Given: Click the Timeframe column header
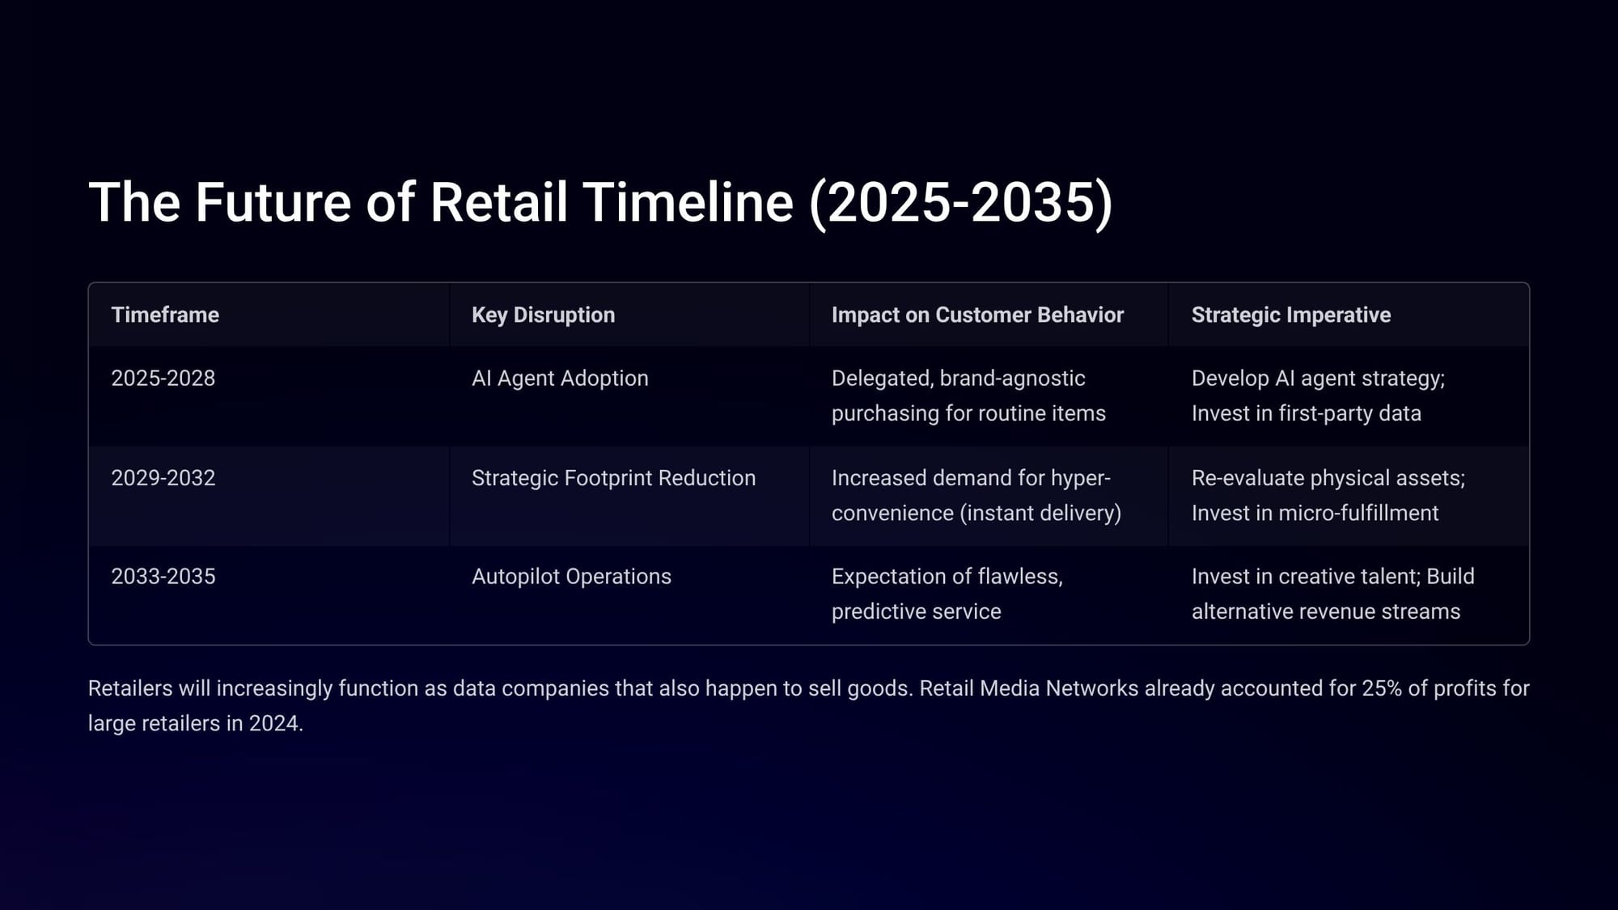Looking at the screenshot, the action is (165, 315).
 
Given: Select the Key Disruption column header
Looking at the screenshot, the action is (543, 315).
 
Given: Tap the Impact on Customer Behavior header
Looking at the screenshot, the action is (977, 315).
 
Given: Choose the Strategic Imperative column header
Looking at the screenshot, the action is (1291, 315).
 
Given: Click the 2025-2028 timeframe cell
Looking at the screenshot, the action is (163, 378).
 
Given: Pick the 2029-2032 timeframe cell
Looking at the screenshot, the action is (163, 477).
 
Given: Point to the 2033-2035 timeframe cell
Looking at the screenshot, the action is (163, 576).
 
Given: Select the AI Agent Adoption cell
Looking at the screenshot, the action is (560, 378).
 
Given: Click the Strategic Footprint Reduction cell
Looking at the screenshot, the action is (613, 477).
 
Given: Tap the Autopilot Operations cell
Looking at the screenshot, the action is (571, 576).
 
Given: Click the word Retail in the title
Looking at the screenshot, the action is (498, 201).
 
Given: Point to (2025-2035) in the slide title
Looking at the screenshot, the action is (961, 202).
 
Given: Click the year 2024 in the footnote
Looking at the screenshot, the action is (273, 723).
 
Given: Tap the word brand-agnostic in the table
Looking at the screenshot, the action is (1013, 379).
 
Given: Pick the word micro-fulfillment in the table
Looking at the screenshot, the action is (1358, 513).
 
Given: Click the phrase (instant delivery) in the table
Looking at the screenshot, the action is (1040, 513).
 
